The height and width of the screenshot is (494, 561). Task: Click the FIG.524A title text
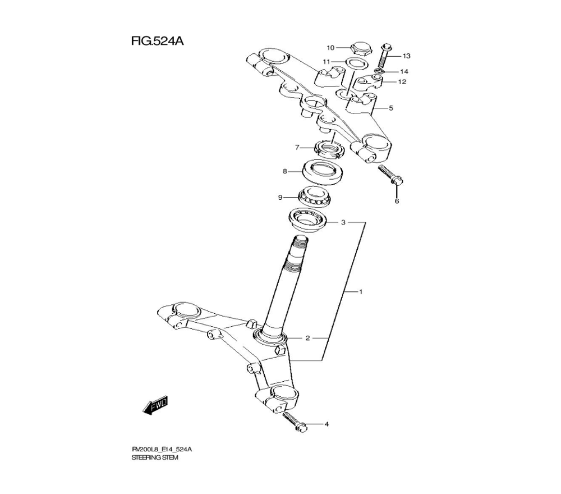point(158,42)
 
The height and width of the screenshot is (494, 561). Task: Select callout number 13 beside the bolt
point(406,56)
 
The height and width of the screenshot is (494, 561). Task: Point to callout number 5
point(391,108)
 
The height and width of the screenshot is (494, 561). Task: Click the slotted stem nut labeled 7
point(328,148)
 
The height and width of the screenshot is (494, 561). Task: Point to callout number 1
point(362,292)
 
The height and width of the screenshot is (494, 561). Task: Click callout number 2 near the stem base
point(307,338)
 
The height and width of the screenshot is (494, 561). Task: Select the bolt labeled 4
point(293,422)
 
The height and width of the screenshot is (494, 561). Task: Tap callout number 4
point(326,424)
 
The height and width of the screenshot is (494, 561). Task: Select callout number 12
point(402,81)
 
